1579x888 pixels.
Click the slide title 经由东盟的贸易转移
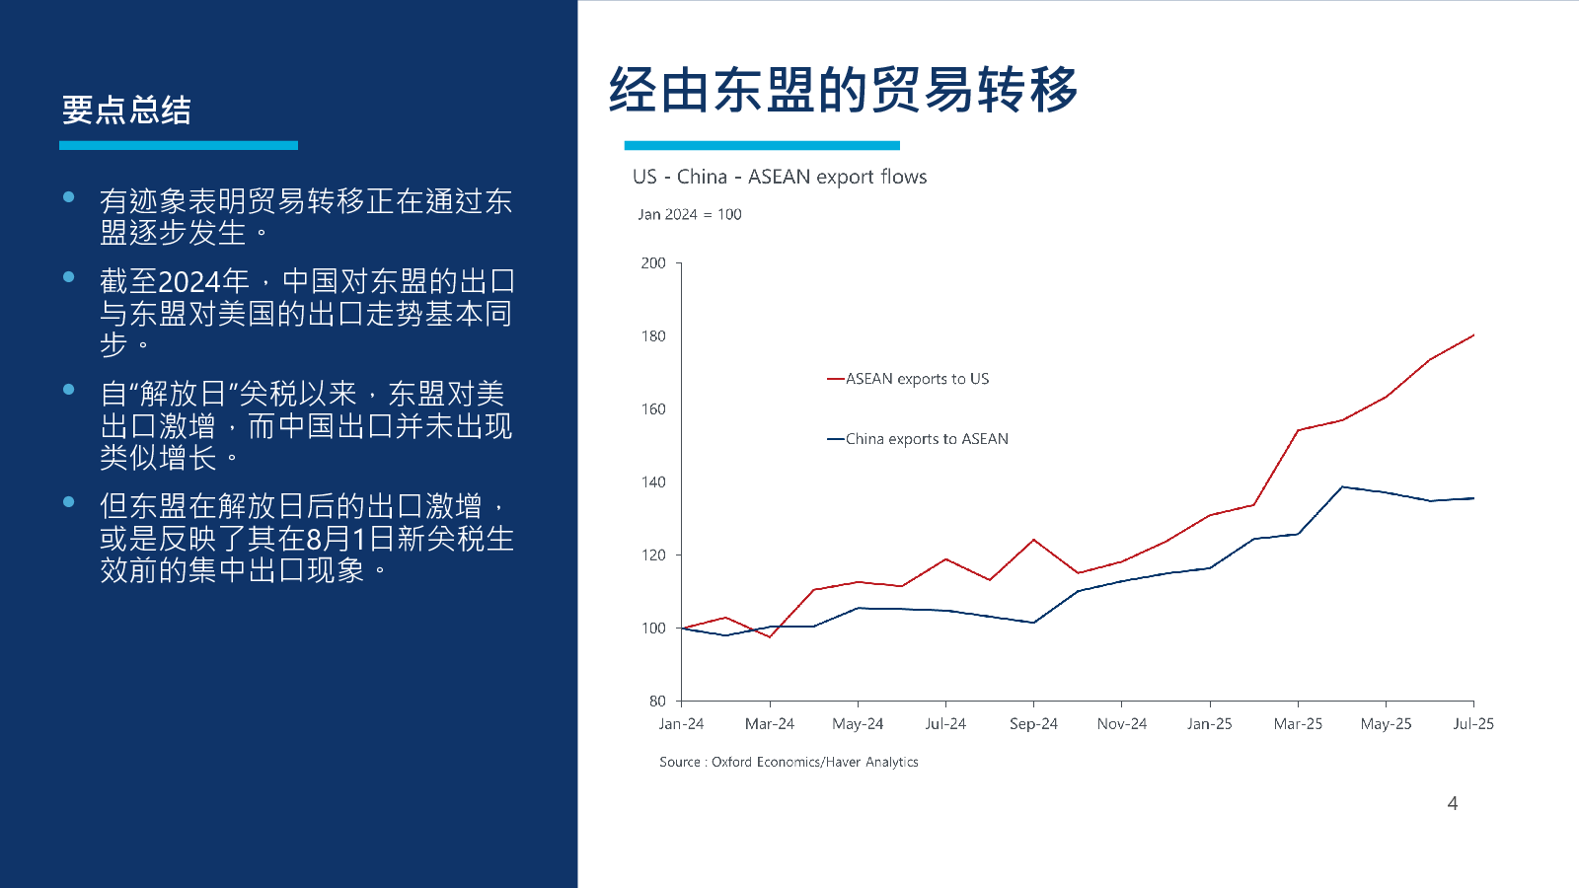pyautogui.click(x=843, y=90)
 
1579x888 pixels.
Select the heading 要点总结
pyautogui.click(x=126, y=110)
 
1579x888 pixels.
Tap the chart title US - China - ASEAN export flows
pyautogui.click(x=780, y=177)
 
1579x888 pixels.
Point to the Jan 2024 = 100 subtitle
pyautogui.click(x=689, y=214)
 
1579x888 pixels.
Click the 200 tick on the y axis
pyautogui.click(x=653, y=263)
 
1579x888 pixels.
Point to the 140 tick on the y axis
pyautogui.click(x=653, y=482)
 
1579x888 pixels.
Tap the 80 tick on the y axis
pyautogui.click(x=657, y=702)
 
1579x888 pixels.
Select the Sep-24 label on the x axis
pyautogui.click(x=1033, y=724)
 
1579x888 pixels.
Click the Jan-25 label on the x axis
pyautogui.click(x=1209, y=724)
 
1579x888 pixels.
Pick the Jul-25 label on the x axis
pyautogui.click(x=1472, y=724)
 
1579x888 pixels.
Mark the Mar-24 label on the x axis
pyautogui.click(x=770, y=724)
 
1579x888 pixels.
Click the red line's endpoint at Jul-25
pyautogui.click(x=1473, y=335)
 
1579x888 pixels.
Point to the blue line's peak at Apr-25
pyautogui.click(x=1342, y=486)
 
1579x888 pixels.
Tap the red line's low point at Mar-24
pyautogui.click(x=770, y=637)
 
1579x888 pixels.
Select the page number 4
pyautogui.click(x=1452, y=803)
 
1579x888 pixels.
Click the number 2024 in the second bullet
pyautogui.click(x=189, y=282)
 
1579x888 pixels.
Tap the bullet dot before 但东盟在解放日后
pyautogui.click(x=69, y=501)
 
